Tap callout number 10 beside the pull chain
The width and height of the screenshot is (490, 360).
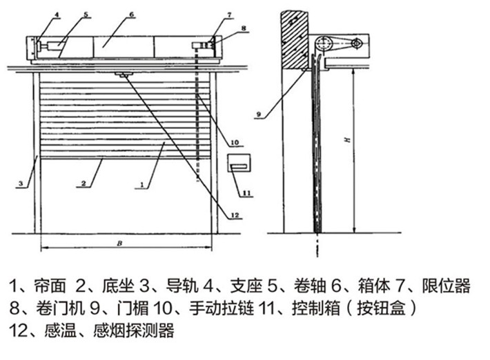pos(234,143)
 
